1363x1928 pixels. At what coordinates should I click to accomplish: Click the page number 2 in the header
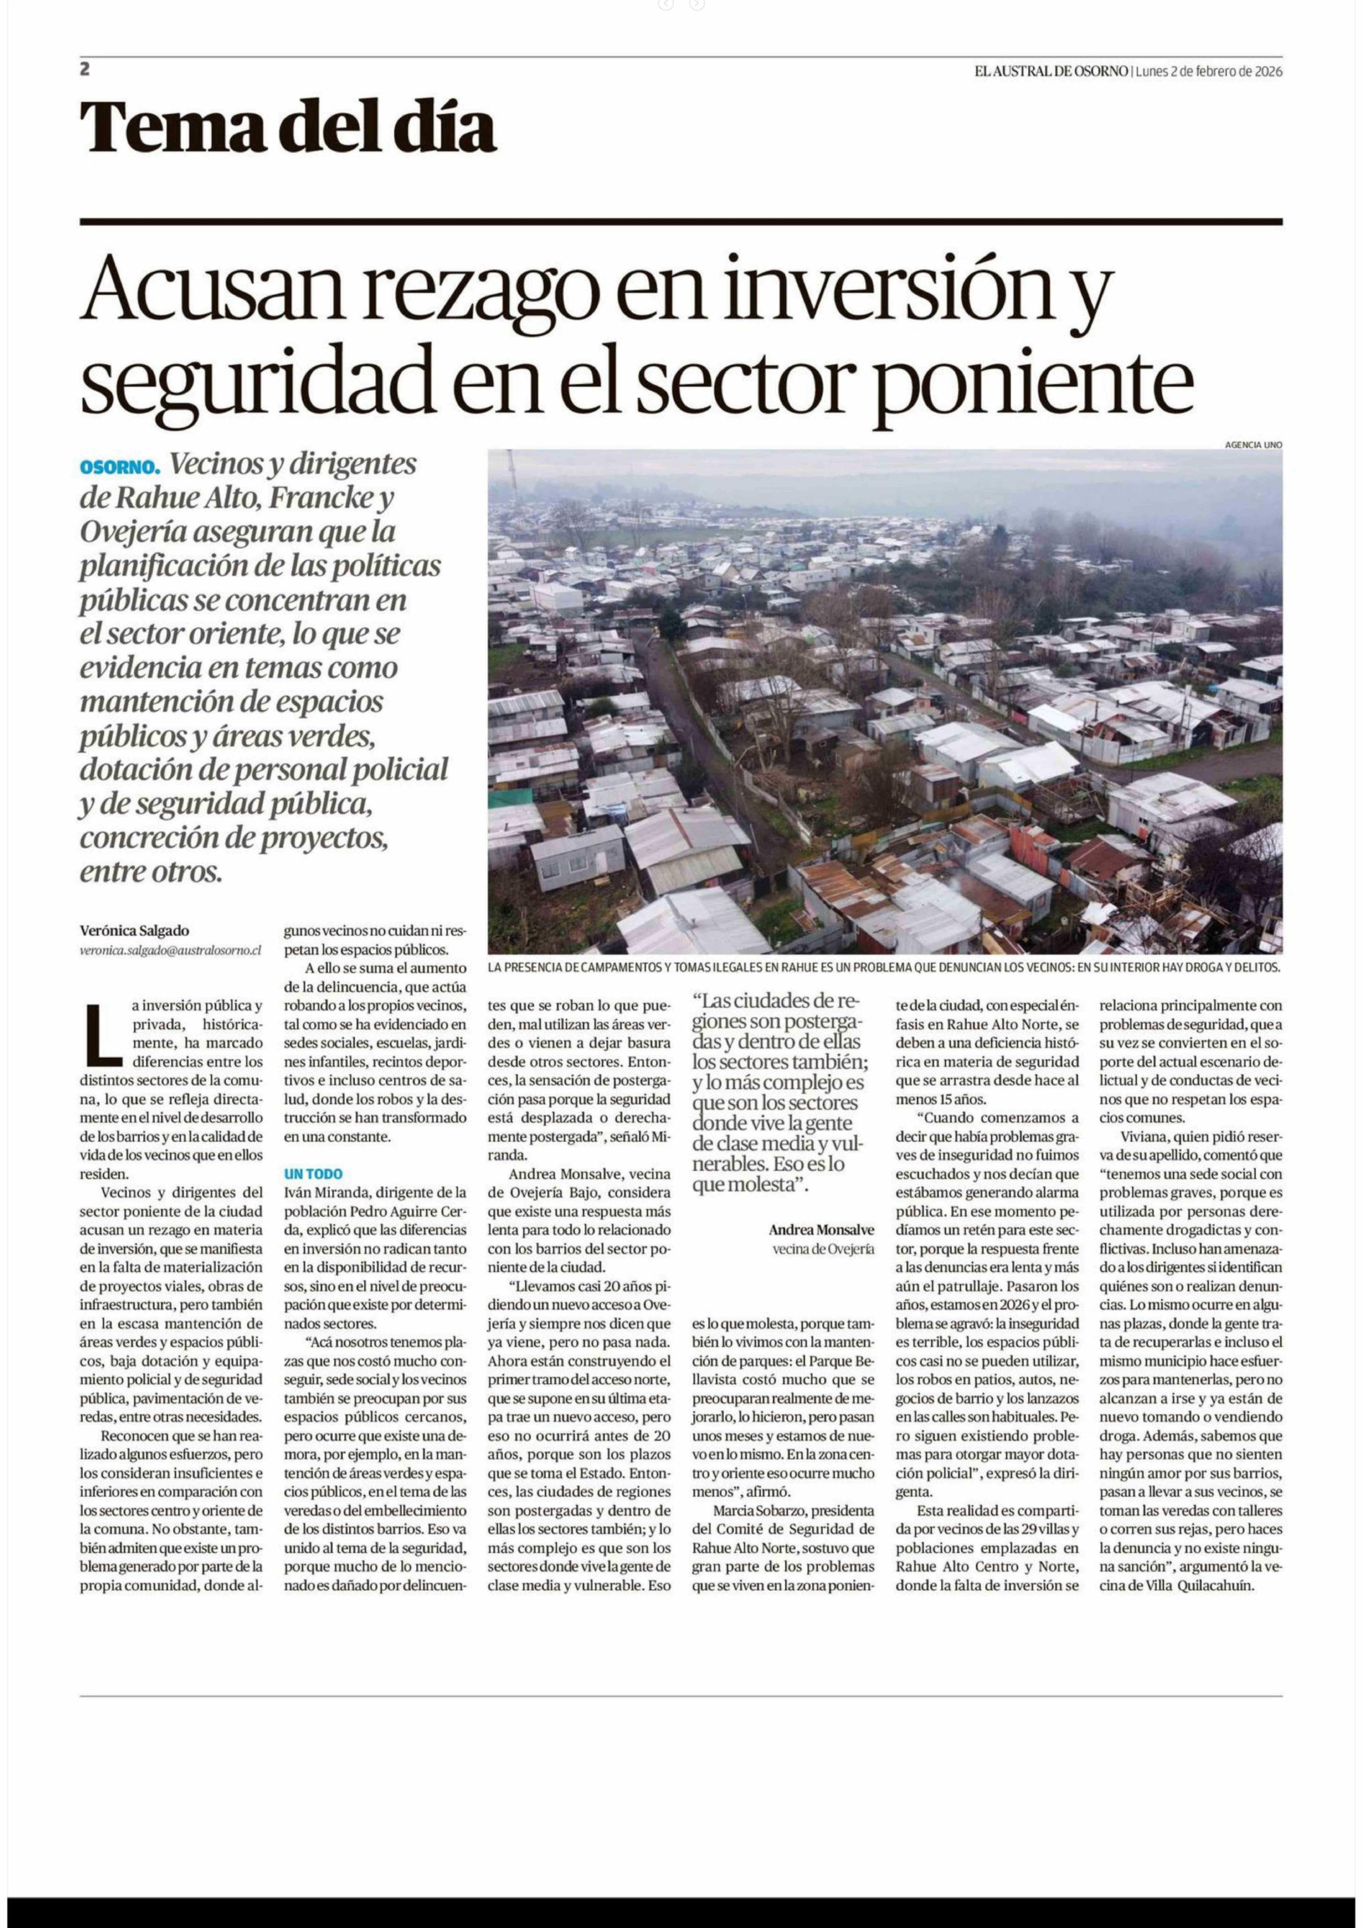point(85,71)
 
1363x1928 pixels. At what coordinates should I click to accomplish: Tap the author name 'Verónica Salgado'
point(134,930)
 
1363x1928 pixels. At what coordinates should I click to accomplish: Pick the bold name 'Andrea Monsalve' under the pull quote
point(821,1229)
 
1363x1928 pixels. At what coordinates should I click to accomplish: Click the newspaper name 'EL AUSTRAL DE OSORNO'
point(1051,71)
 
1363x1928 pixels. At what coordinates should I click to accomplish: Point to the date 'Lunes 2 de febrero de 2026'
point(1209,71)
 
